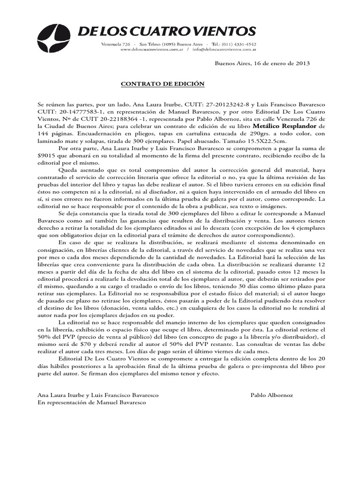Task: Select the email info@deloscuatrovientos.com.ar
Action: coord(223,49)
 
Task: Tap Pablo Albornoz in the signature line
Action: coord(272,395)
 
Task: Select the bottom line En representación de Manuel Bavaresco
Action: coord(91,403)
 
